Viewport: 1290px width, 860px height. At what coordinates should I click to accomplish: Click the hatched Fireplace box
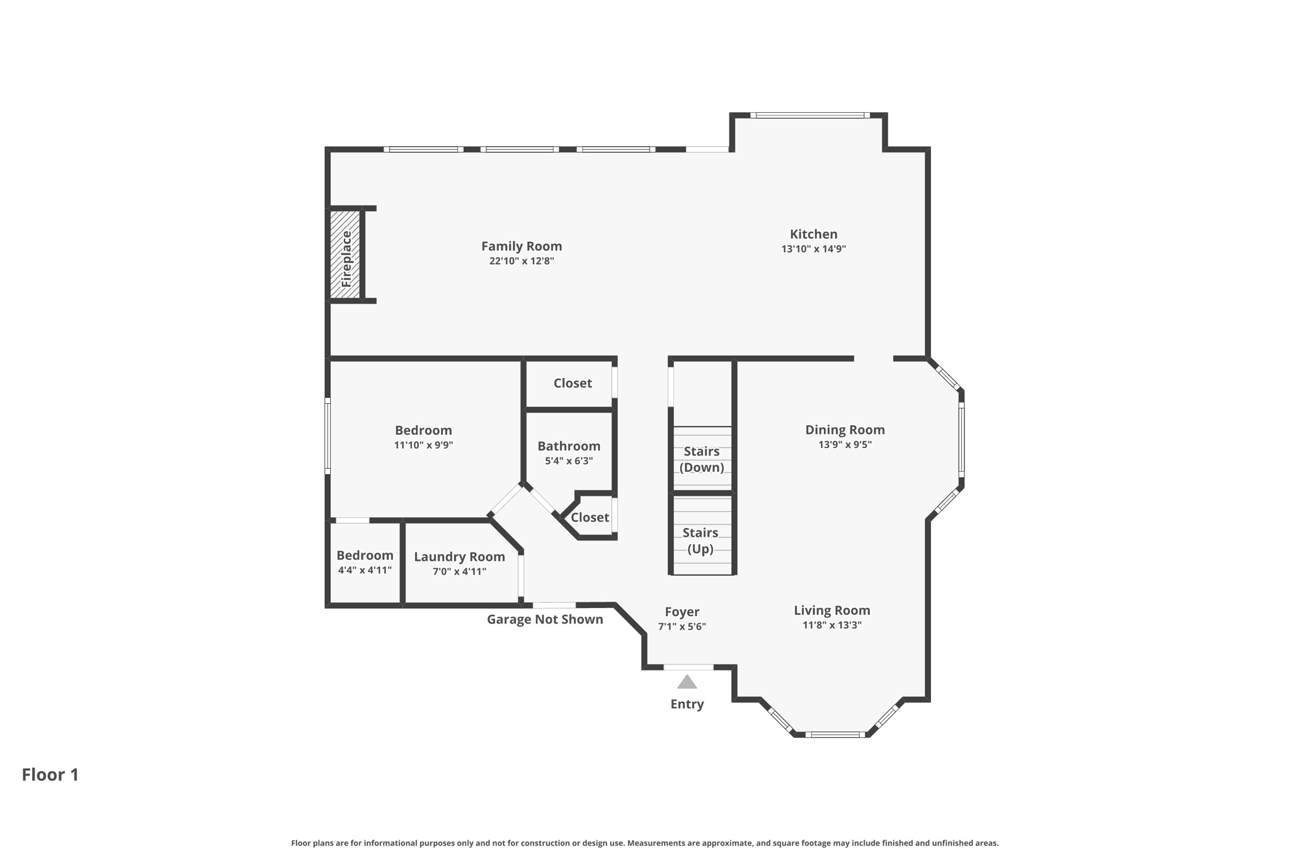[x=345, y=255]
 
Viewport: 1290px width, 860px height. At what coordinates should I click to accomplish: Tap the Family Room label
[x=522, y=246]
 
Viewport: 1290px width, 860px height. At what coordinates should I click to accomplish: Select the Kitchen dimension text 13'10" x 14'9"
[x=813, y=249]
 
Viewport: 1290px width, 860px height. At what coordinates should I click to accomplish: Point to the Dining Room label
[x=845, y=430]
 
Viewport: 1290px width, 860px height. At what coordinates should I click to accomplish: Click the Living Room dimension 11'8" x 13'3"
[x=831, y=625]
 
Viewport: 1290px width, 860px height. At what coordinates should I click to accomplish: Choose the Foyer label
[x=682, y=612]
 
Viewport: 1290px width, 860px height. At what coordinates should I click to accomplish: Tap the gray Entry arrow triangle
[x=687, y=682]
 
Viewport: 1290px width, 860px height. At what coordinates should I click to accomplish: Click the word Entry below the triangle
[x=687, y=704]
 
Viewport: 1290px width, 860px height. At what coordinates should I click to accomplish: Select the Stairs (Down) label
[x=702, y=459]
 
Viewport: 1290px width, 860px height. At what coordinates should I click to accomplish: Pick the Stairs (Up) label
[x=700, y=541]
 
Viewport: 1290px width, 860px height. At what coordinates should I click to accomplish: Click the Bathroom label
[x=569, y=446]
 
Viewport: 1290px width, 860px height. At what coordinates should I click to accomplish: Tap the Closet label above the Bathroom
[x=573, y=383]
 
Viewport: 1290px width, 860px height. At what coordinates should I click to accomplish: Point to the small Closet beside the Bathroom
[x=590, y=517]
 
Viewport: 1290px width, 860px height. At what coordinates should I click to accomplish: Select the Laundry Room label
[x=459, y=557]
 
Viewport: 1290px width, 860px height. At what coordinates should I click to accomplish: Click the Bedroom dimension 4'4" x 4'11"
[x=365, y=570]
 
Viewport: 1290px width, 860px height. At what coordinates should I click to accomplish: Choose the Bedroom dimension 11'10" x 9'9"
[x=423, y=445]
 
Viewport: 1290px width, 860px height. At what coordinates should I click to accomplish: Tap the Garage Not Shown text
[x=545, y=619]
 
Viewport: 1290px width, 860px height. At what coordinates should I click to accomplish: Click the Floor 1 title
[x=50, y=774]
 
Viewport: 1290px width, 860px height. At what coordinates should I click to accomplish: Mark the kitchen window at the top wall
[x=809, y=115]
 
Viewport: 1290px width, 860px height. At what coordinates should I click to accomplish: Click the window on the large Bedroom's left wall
[x=328, y=435]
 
